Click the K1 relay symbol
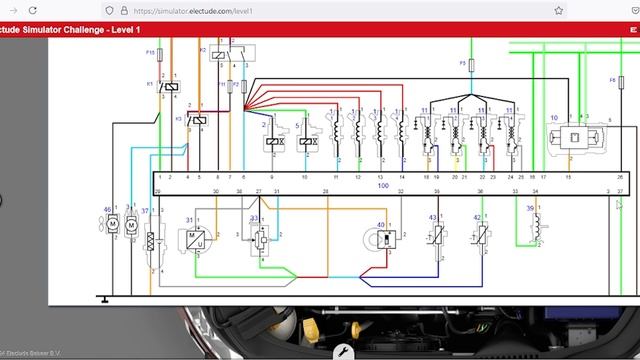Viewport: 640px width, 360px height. (169, 87)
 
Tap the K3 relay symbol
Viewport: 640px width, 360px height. (198, 120)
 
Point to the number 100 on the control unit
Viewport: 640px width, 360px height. (383, 186)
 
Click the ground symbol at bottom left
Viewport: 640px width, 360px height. (104, 297)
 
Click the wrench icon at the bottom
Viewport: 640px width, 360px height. (343, 350)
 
